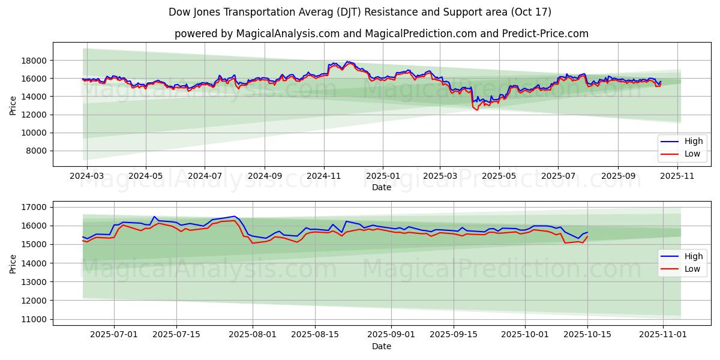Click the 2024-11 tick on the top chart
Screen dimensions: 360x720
pos(324,176)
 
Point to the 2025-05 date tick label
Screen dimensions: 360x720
pos(499,176)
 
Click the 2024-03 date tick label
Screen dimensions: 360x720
pos(87,176)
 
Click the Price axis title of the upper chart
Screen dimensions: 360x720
pos(13,104)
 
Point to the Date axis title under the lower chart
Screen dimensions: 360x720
pos(382,346)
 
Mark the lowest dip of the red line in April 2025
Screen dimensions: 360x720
pos(478,110)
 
